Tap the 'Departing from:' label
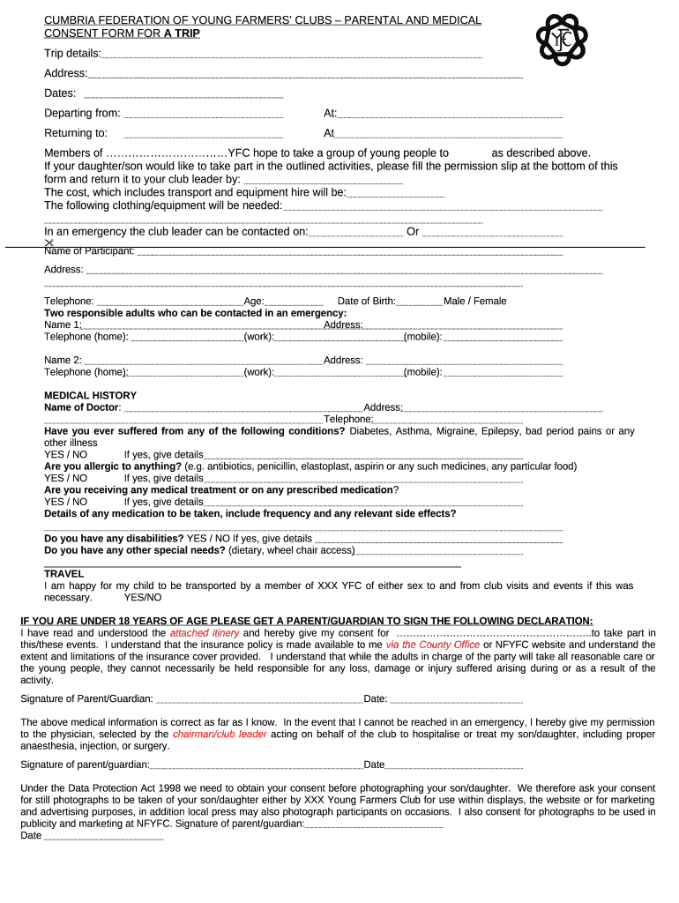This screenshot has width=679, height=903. click(82, 113)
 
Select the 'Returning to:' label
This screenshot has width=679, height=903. click(76, 133)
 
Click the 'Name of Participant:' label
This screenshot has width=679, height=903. click(89, 251)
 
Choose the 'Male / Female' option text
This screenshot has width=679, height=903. click(475, 301)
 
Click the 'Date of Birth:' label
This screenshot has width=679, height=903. click(366, 301)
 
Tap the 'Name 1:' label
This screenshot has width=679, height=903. click(63, 325)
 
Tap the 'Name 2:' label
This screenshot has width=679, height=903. click(63, 360)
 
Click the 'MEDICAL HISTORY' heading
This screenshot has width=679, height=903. click(90, 395)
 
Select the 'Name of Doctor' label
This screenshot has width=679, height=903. click(81, 407)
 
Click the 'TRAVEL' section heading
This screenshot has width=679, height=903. click(64, 574)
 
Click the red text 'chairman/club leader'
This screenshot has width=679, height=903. click(220, 734)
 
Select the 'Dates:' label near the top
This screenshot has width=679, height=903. click(60, 93)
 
